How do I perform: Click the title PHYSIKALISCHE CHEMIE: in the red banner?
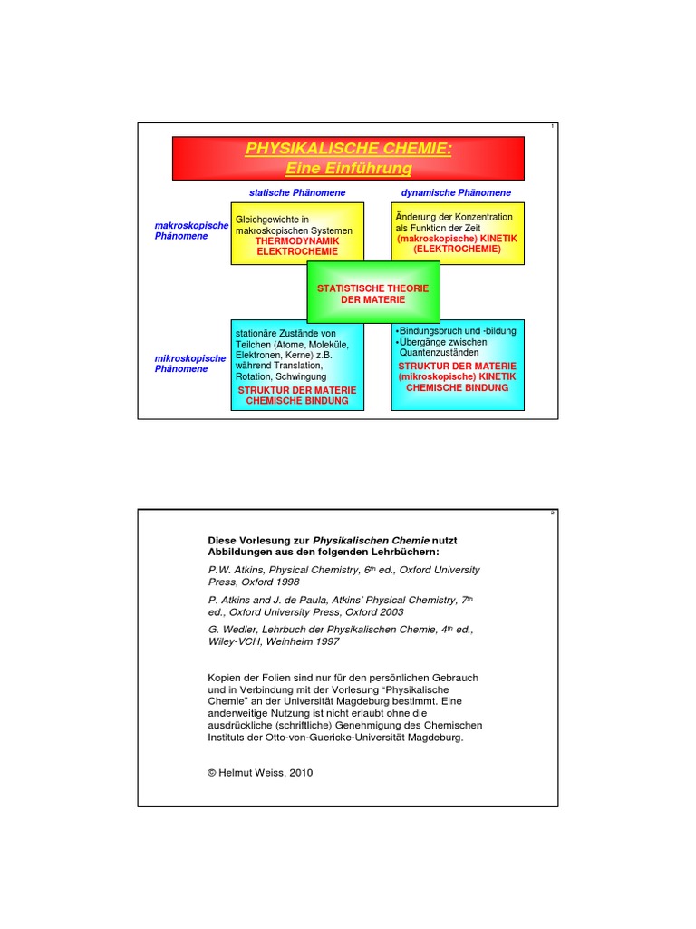click(348, 149)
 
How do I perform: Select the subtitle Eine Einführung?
click(348, 169)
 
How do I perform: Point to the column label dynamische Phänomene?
click(456, 192)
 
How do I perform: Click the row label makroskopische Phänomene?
click(191, 230)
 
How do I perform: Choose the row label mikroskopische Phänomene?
click(190, 363)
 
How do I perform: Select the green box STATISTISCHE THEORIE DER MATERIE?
click(372, 293)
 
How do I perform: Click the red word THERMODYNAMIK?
click(296, 240)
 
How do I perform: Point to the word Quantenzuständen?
click(440, 353)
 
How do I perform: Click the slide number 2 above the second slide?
click(552, 513)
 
